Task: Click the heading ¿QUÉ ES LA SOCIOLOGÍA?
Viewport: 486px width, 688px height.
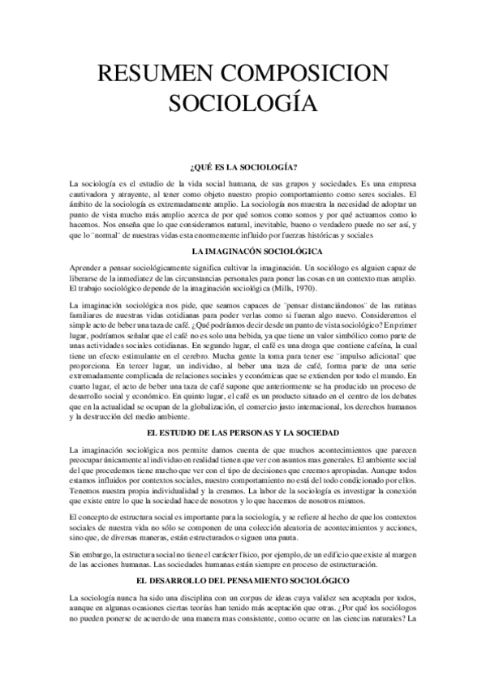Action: [x=243, y=166]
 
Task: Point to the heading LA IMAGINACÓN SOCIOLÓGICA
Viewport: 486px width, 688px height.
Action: [x=243, y=253]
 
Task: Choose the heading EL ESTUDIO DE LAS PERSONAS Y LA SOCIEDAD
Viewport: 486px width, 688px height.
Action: [x=243, y=434]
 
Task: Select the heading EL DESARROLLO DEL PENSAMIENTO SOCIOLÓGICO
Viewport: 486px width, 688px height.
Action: [x=243, y=581]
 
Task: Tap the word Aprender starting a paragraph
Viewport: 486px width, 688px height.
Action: [x=88, y=267]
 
